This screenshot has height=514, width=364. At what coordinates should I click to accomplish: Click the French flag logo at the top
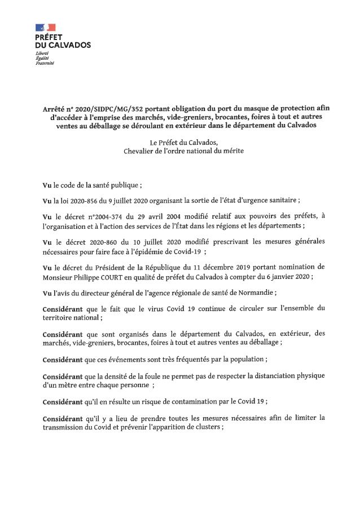(45, 27)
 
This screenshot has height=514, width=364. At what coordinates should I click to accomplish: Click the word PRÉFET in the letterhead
(49, 37)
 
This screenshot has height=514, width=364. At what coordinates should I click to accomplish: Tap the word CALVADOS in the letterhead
(70, 45)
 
